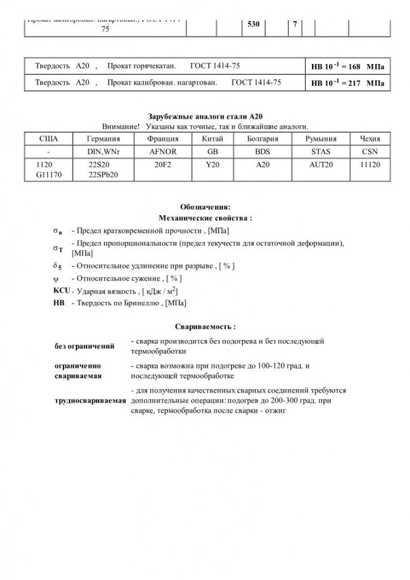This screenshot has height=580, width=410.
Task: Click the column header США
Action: point(48,139)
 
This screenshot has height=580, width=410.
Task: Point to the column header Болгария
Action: point(263,139)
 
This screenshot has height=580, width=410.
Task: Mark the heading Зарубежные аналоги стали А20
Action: point(204,116)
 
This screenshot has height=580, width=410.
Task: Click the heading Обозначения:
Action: point(204,207)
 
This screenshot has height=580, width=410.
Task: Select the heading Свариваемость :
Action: point(204,327)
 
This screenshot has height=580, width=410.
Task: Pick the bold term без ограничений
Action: point(84,346)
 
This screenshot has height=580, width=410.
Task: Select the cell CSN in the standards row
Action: point(370,151)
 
